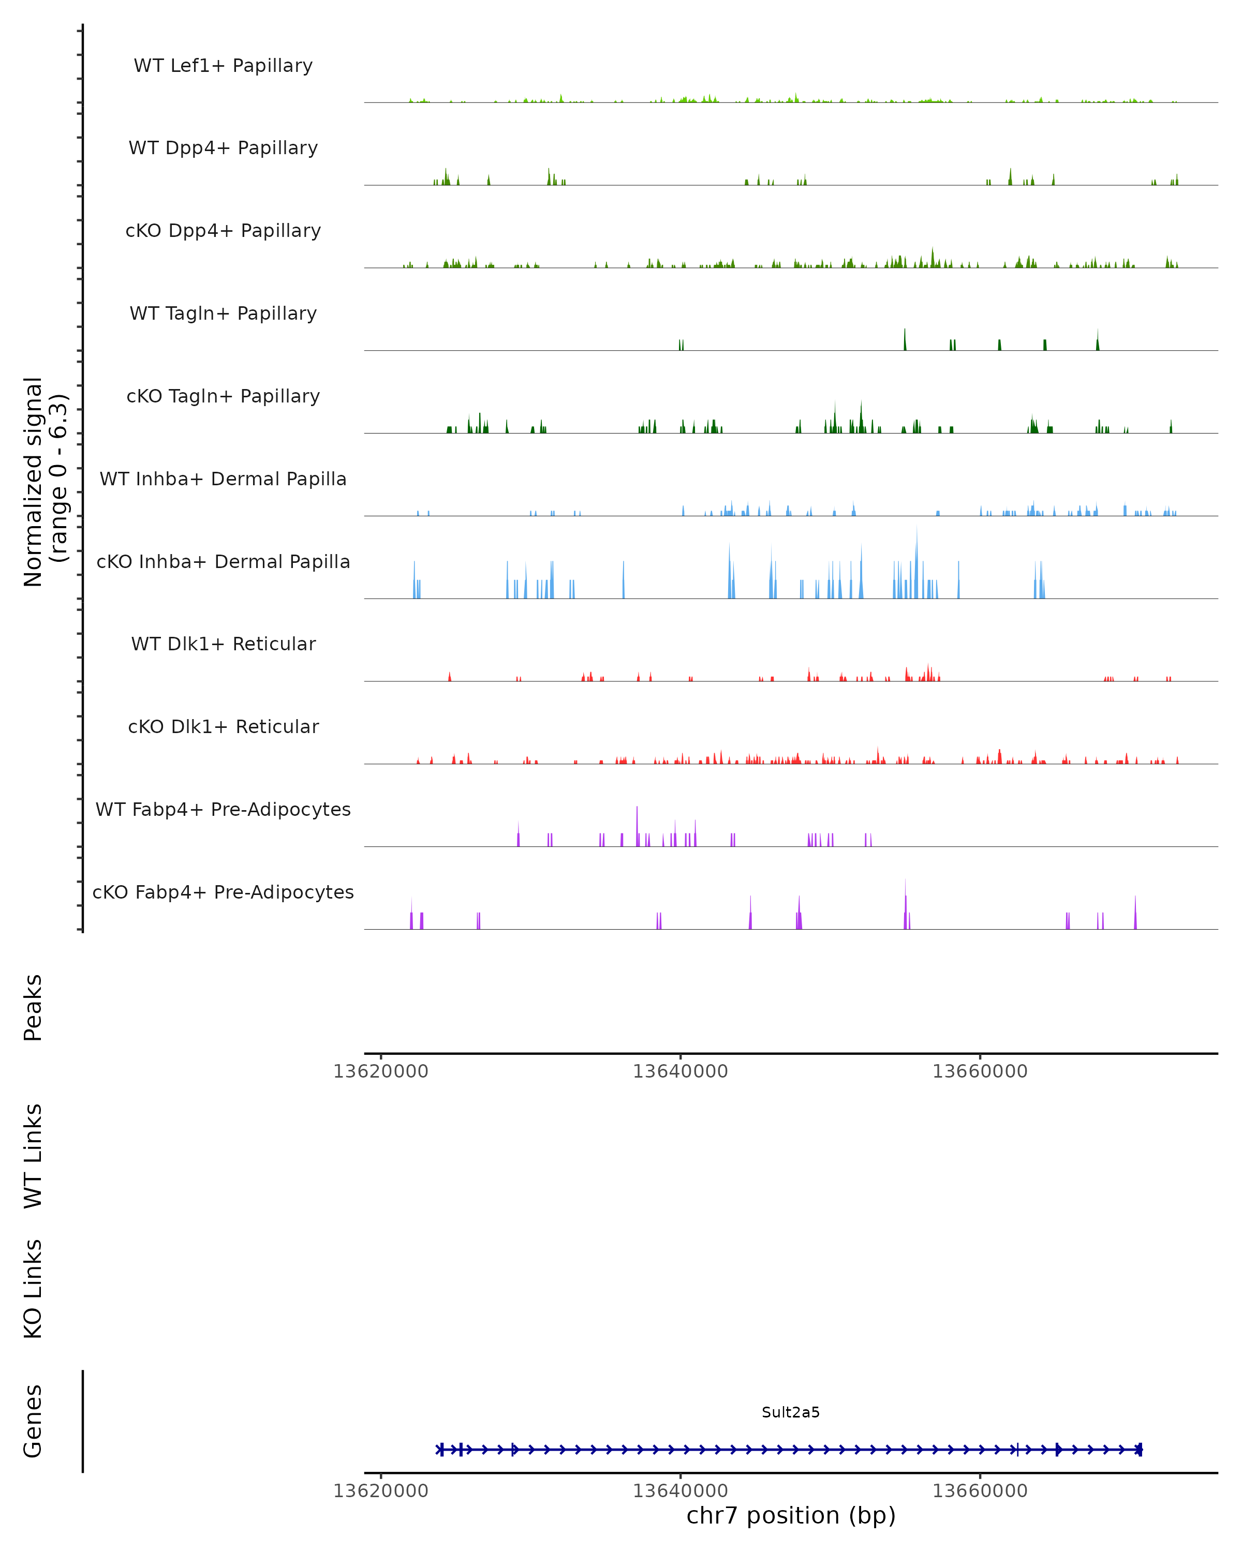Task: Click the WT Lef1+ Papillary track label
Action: (x=223, y=66)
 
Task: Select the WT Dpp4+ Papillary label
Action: (x=223, y=148)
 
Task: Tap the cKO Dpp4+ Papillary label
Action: (x=223, y=231)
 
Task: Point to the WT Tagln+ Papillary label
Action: (x=223, y=314)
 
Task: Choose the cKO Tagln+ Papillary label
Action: (x=223, y=397)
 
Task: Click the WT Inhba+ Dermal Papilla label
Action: (x=223, y=480)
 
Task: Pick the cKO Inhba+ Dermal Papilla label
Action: (x=223, y=562)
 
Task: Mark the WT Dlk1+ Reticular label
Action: (x=223, y=644)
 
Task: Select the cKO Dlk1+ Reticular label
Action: (x=223, y=727)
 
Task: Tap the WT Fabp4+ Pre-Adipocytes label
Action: (x=223, y=810)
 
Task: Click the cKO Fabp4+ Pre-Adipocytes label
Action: (x=223, y=892)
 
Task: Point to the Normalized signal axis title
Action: (x=45, y=482)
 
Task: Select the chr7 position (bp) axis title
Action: (x=791, y=1516)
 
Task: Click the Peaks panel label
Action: (x=33, y=1008)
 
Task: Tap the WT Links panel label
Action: (x=33, y=1156)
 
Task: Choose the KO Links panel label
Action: (x=33, y=1289)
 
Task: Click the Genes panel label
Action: (x=33, y=1422)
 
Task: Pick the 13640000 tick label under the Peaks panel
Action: (x=681, y=1072)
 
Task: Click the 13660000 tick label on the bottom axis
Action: (x=980, y=1491)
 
